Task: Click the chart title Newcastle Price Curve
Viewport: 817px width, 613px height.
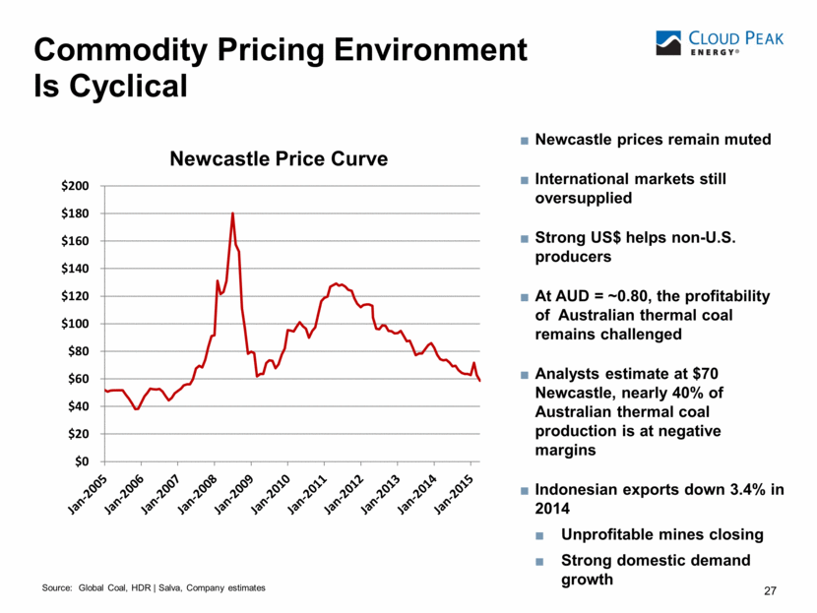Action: click(x=280, y=158)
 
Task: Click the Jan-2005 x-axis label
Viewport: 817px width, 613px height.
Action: click(x=86, y=492)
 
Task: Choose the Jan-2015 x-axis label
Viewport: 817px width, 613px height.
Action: click(x=454, y=492)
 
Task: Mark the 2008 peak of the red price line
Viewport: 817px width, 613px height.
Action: click(x=232, y=213)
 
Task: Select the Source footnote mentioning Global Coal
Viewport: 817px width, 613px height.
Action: click(x=154, y=587)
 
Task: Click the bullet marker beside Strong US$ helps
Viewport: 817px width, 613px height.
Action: click(x=524, y=238)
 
